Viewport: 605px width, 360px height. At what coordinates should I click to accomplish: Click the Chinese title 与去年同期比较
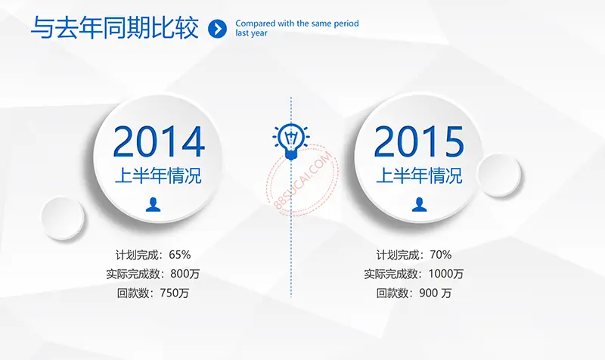tap(115, 28)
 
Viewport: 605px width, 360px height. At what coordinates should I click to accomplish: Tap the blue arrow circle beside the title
tap(217, 29)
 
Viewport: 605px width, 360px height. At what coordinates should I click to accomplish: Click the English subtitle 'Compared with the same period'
tap(297, 23)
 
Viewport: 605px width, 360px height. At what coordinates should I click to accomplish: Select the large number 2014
tap(159, 141)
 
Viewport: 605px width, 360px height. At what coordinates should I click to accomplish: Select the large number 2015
tap(419, 141)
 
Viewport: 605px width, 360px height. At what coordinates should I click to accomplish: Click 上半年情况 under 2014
tap(158, 175)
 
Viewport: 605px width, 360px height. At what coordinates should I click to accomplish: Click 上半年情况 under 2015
tap(419, 175)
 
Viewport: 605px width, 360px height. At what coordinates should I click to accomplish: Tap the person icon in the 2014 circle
tap(154, 204)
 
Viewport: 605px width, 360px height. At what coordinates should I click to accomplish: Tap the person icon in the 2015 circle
tap(420, 204)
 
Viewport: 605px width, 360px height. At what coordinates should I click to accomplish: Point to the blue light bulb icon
tap(291, 141)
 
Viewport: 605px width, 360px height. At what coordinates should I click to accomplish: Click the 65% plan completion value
tap(180, 255)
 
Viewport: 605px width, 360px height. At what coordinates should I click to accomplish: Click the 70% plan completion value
tap(441, 255)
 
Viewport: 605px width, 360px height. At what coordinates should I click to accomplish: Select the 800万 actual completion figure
tap(185, 274)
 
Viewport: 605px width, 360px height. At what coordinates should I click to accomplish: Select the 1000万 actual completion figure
tap(446, 274)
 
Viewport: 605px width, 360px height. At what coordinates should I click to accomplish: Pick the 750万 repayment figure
tap(175, 293)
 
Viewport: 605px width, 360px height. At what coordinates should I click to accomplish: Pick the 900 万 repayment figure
tap(436, 293)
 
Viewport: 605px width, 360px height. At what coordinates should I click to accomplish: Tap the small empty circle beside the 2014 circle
tap(63, 218)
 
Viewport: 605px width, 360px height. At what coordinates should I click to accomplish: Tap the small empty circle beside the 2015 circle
tap(498, 175)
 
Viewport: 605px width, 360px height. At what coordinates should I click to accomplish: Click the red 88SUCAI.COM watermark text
tap(303, 181)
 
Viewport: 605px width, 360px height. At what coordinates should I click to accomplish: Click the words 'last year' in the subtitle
tap(252, 33)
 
